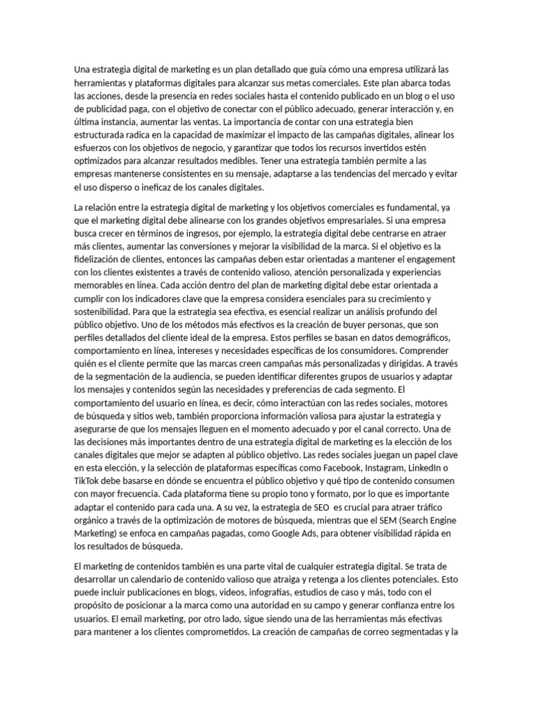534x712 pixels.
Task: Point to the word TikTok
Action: click(88, 481)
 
